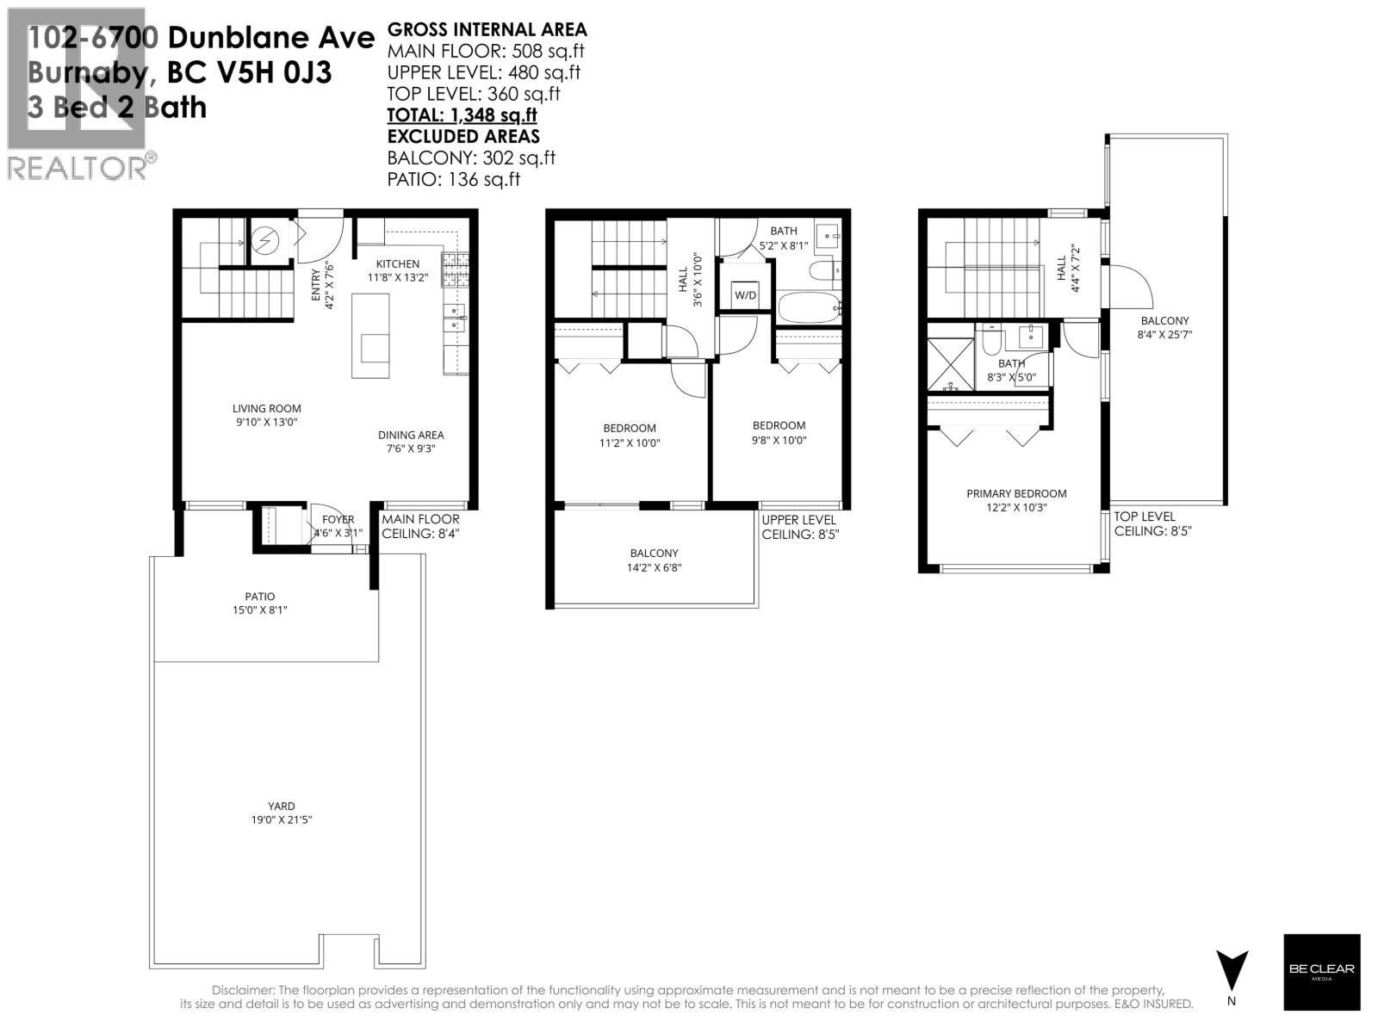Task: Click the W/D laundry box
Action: click(745, 295)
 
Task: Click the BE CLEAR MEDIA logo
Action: click(1321, 972)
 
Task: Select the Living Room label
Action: click(266, 409)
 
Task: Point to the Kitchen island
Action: click(370, 336)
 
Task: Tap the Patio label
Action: click(259, 596)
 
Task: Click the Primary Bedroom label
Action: click(1016, 493)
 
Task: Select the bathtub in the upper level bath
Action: click(808, 307)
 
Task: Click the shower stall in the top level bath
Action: click(950, 363)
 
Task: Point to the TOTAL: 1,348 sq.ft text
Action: click(462, 115)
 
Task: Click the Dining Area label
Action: click(411, 435)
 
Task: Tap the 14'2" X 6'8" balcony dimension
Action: click(654, 567)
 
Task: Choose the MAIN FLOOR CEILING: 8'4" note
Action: click(421, 527)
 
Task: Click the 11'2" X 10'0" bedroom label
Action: click(630, 443)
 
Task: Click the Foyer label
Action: click(338, 520)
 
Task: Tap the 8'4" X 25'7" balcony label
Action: click(1164, 335)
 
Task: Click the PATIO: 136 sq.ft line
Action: click(454, 179)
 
